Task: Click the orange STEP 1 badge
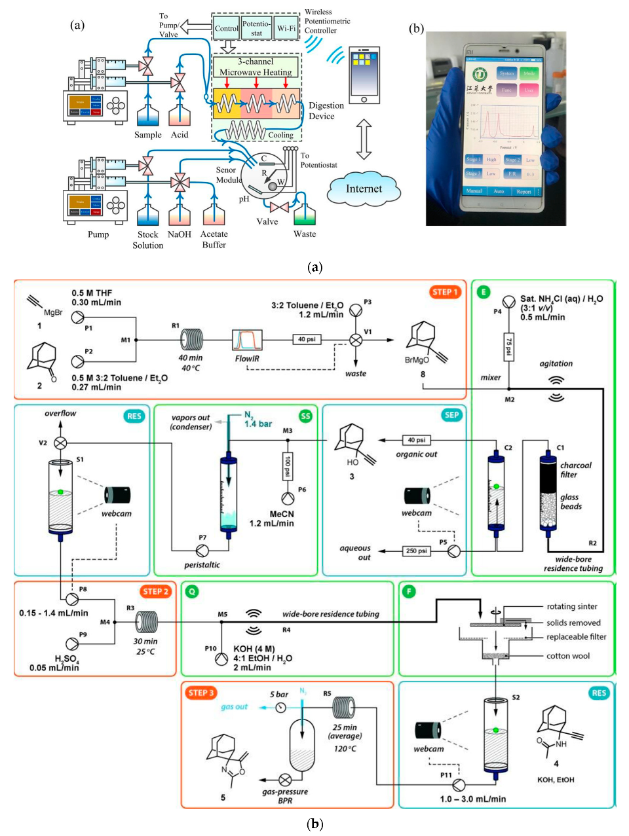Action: click(446, 292)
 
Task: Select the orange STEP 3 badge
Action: click(201, 693)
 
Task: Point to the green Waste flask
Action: click(305, 215)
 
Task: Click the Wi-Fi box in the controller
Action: click(286, 28)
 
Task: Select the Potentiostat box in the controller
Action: click(256, 28)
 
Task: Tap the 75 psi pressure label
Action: click(508, 343)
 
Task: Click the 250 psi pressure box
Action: click(416, 551)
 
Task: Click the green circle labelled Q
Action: click(192, 591)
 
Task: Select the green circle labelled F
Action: click(410, 591)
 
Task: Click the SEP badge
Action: click(451, 415)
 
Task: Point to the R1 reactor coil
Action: click(192, 340)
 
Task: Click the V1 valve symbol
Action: click(356, 340)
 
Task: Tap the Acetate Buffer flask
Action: click(214, 216)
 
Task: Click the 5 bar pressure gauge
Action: click(280, 707)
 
